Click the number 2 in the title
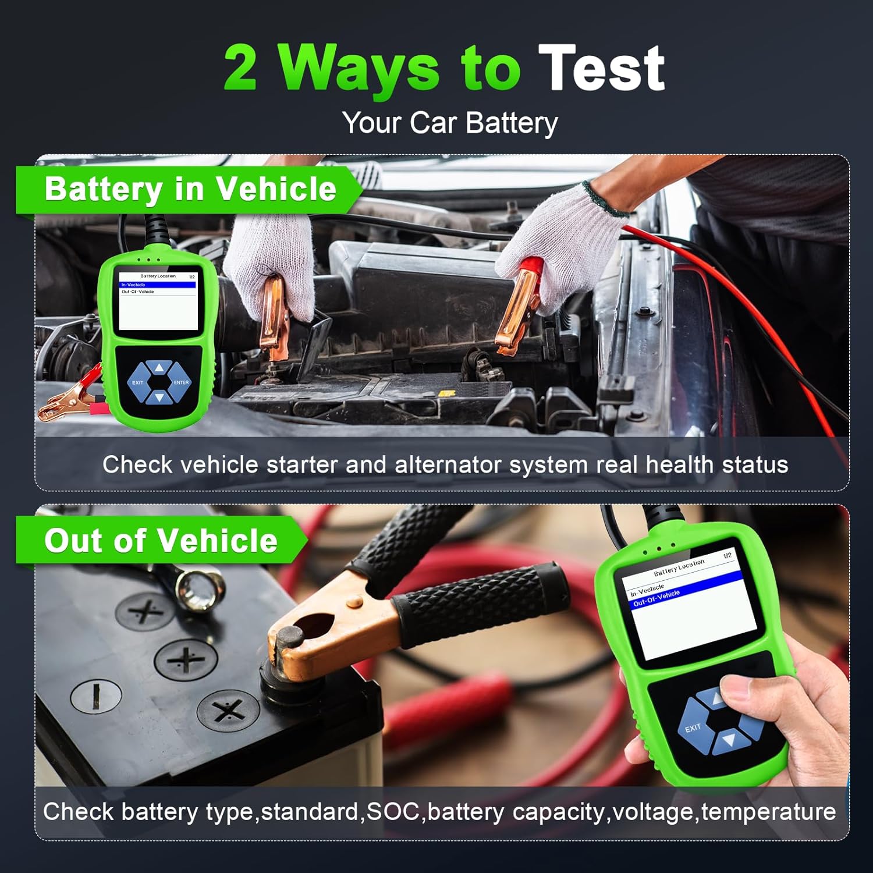(240, 69)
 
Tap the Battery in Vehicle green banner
(190, 190)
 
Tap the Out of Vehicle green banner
(161, 541)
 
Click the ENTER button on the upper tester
(180, 382)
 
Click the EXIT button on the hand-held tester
(693, 727)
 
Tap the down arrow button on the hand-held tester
(728, 741)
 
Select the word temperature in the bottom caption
(768, 811)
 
